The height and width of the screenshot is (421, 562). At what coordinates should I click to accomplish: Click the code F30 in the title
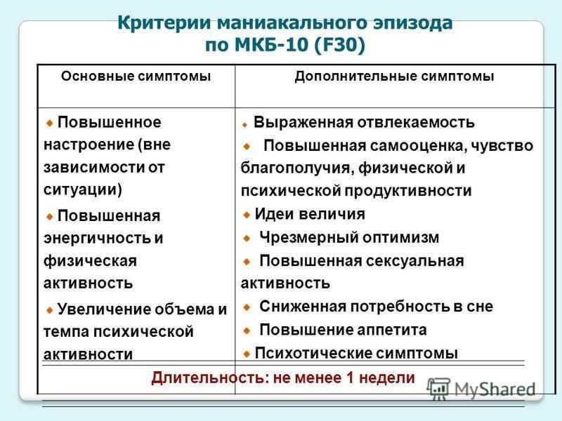[x=339, y=45]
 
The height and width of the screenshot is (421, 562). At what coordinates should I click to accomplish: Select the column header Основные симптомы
[x=136, y=76]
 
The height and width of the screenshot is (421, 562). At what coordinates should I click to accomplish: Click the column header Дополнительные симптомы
[x=394, y=76]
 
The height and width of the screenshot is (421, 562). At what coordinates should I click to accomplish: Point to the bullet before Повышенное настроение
[x=49, y=123]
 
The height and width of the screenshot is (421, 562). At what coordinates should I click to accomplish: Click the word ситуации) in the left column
[x=83, y=189]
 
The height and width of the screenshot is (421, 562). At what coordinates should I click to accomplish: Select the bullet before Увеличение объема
[x=49, y=310]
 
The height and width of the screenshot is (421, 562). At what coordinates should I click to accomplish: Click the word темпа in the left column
[x=66, y=332]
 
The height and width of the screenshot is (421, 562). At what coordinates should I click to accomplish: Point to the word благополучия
[x=296, y=168]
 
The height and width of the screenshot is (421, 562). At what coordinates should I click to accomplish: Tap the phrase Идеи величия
[x=310, y=214]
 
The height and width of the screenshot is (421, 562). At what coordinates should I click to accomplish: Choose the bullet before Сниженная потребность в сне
[x=247, y=307]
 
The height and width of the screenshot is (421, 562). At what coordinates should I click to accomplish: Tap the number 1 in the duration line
[x=350, y=378]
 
